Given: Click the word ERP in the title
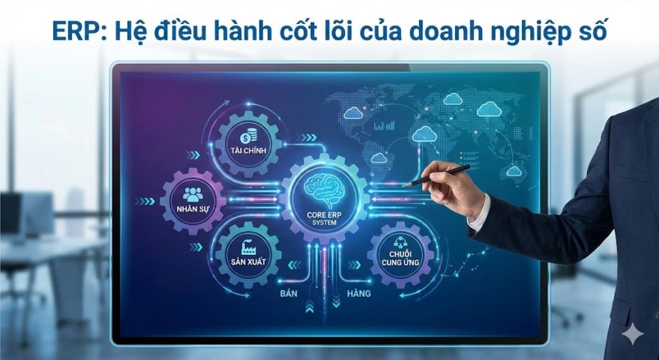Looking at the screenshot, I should click(x=73, y=31).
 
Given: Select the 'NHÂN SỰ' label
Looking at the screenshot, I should click(x=193, y=208).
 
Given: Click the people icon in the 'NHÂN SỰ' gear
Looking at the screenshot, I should click(x=193, y=193).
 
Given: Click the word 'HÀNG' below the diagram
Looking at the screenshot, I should click(x=358, y=293).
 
